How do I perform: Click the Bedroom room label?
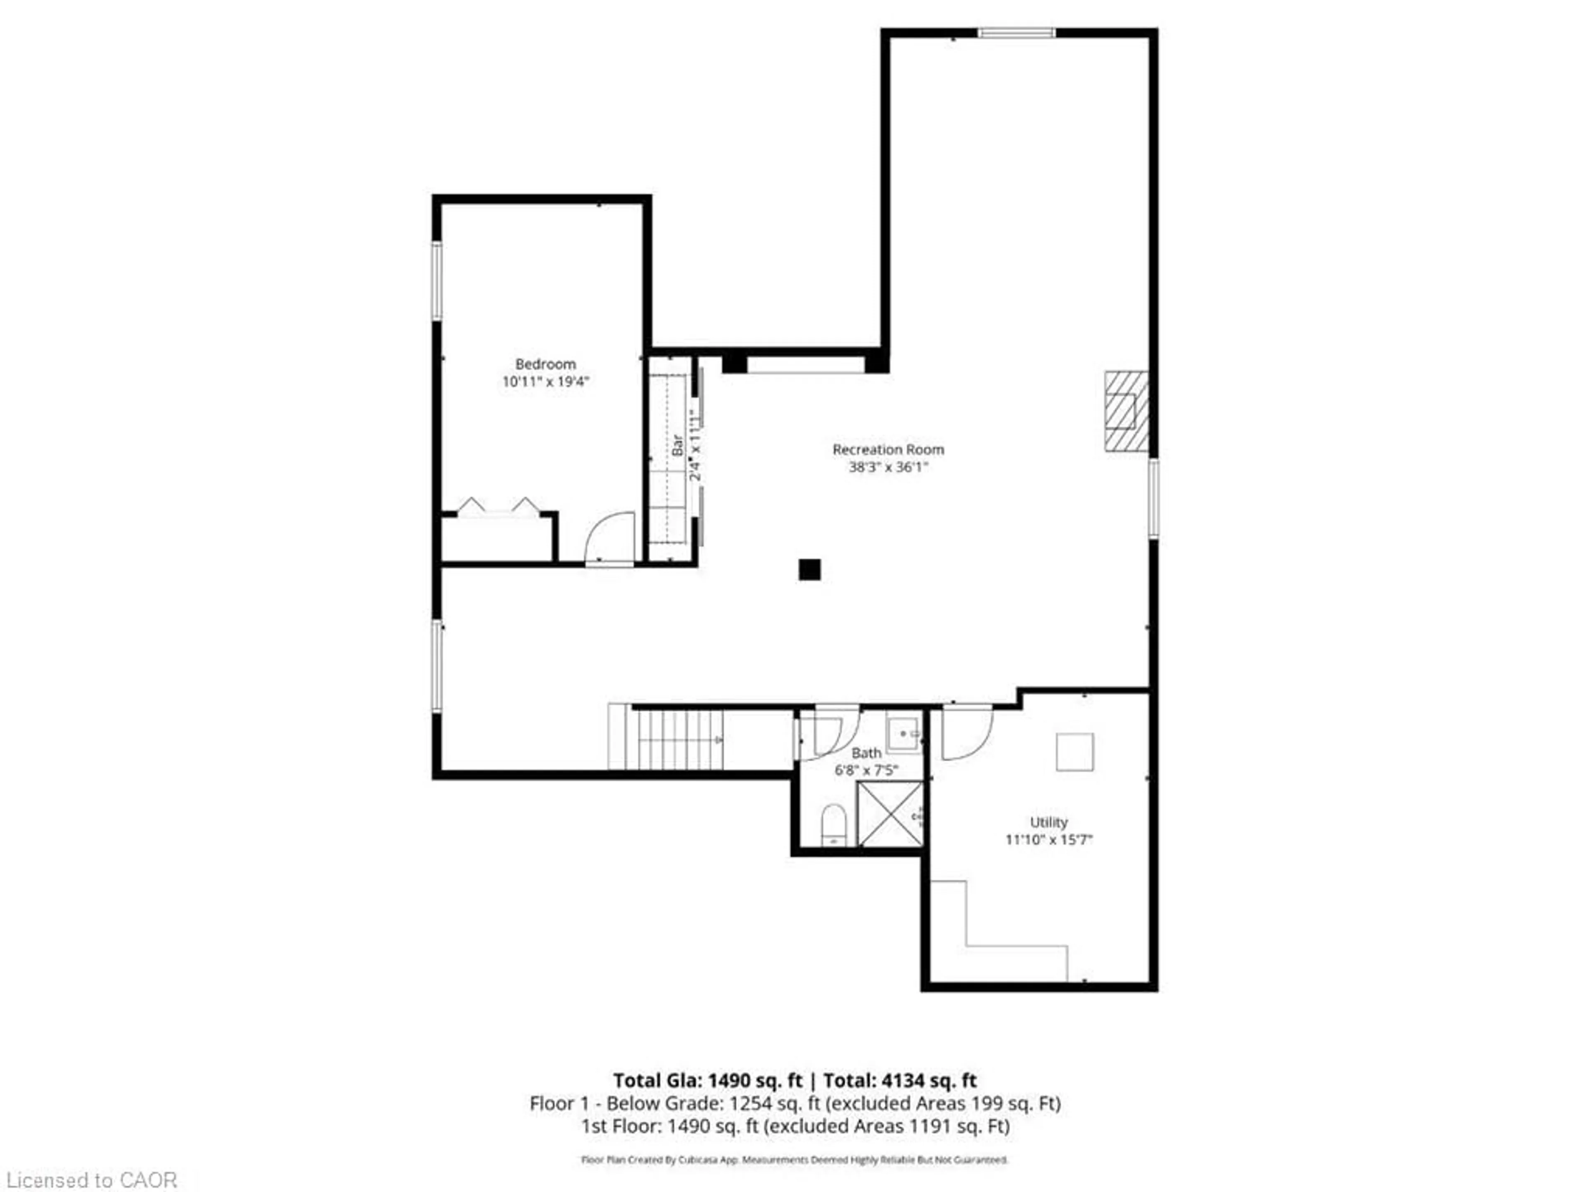545,364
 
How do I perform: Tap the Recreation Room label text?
888,450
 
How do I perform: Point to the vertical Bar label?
677,445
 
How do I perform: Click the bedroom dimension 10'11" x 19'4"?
545,382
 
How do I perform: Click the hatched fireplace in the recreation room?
1126,411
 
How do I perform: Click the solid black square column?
809,570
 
